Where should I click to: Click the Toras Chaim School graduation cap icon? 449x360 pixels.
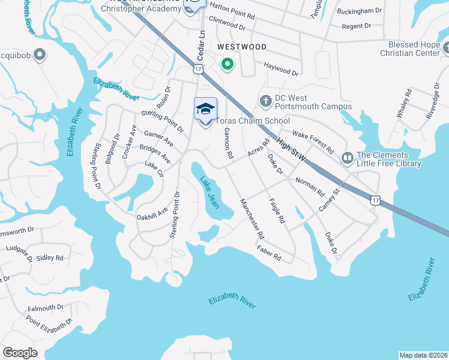pyautogui.click(x=205, y=109)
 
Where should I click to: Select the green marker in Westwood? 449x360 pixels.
pyautogui.click(x=228, y=63)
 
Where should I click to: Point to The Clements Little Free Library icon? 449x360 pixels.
pyautogui.click(x=348, y=158)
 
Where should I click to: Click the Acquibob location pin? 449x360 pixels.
pyautogui.click(x=40, y=55)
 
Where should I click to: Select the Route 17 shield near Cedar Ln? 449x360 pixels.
pyautogui.click(x=198, y=70)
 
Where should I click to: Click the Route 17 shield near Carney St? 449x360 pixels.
pyautogui.click(x=375, y=200)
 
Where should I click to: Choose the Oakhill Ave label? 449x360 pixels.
pyautogui.click(x=152, y=212)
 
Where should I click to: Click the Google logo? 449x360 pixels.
pyautogui.click(x=20, y=352)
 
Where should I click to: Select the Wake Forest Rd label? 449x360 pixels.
pyautogui.click(x=313, y=139)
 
